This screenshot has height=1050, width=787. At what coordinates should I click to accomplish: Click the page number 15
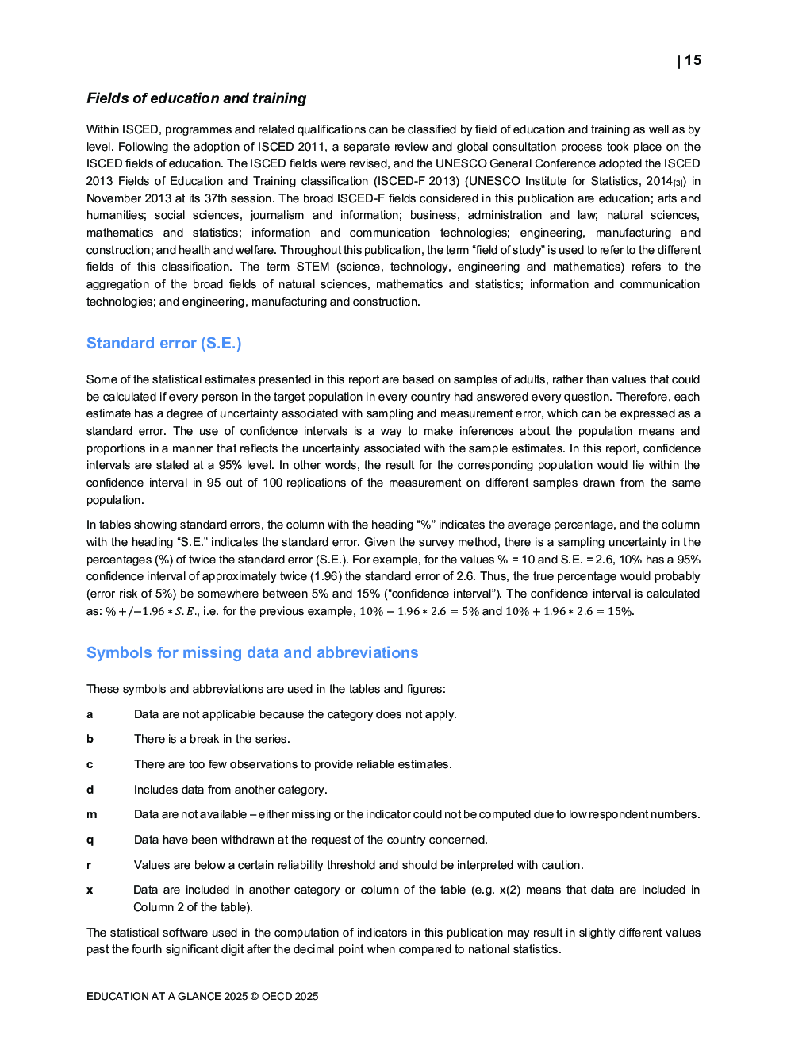pos(693,60)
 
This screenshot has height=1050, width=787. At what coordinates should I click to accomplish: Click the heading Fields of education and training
pos(196,98)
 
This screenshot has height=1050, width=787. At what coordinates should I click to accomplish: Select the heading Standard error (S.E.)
pos(163,343)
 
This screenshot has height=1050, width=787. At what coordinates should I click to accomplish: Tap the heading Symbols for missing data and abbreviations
pos(251,652)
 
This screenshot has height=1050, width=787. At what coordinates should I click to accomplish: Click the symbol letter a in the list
pos(90,714)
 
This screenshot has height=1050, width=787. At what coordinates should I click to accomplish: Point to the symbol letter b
pos(90,739)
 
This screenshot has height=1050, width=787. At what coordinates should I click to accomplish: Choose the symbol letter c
pos(90,764)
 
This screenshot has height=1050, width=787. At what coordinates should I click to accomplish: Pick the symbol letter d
pos(90,790)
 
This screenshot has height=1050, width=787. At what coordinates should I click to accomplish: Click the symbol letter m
pos(91,814)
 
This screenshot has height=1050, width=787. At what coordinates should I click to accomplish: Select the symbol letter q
pos(90,840)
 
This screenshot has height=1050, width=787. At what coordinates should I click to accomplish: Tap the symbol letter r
pos(89,865)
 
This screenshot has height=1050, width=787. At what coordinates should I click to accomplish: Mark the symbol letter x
pos(90,890)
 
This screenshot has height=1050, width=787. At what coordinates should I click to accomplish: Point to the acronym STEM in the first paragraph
pos(313,267)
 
